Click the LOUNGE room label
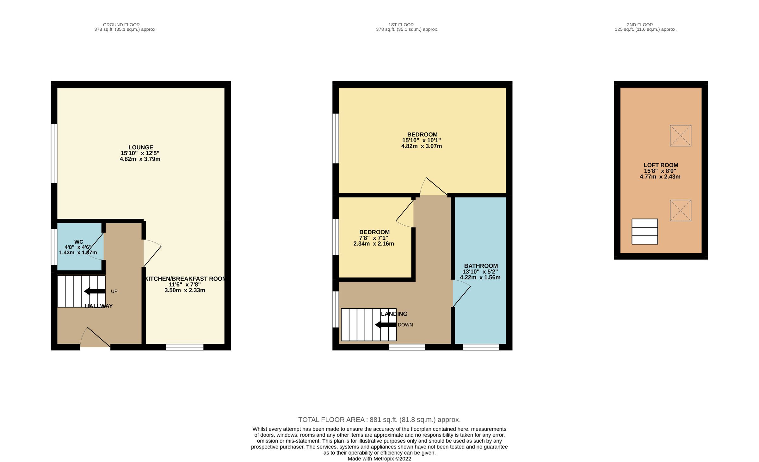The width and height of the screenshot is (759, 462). point(141,147)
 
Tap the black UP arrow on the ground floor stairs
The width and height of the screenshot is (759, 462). point(95,291)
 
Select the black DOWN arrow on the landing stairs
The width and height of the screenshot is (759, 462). point(386,325)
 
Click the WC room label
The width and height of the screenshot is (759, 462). point(79,242)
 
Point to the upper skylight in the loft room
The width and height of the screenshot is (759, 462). point(681,135)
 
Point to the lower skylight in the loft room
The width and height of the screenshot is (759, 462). point(681,210)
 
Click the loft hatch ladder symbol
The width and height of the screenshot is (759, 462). point(645,232)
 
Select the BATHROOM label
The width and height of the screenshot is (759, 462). point(481,266)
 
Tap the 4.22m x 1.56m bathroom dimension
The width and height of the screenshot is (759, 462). point(480,278)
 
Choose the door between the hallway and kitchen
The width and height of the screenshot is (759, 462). point(152,253)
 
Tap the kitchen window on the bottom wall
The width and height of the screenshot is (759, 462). point(184,347)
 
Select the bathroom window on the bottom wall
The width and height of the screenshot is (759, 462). point(481,347)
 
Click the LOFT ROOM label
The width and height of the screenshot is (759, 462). point(661,165)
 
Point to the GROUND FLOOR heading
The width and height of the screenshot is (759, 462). point(121,25)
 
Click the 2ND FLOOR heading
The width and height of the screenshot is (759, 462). point(640,25)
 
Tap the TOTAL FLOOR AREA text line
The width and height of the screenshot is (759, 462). point(379,420)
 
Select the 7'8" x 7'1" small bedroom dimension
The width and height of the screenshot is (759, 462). point(373,238)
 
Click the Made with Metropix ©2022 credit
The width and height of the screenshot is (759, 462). point(379,459)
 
